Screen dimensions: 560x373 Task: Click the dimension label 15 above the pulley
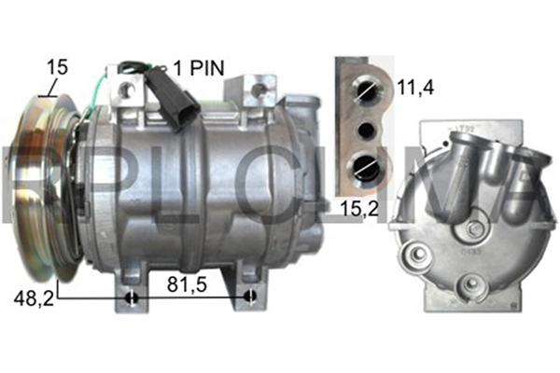click(57, 67)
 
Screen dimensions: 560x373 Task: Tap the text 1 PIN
click(199, 68)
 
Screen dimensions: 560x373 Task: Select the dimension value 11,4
click(415, 87)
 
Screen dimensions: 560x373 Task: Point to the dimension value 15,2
click(359, 209)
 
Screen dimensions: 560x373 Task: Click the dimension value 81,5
click(188, 284)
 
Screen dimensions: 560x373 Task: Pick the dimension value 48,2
click(34, 297)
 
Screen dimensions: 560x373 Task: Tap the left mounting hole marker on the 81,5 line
click(132, 297)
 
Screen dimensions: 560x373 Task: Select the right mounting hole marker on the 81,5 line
click(250, 296)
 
